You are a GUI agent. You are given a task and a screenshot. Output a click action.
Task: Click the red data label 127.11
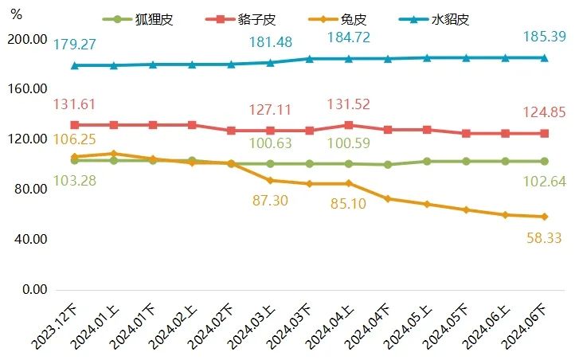[x=272, y=111]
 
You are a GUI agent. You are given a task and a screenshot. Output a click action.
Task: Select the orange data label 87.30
[x=272, y=202]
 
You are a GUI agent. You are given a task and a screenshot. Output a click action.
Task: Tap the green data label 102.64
[x=544, y=181]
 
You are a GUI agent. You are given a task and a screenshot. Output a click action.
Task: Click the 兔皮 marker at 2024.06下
[x=545, y=217]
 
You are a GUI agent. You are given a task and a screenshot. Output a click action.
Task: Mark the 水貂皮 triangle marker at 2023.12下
[x=74, y=65]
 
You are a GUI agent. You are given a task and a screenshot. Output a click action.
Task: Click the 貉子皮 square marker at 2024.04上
[x=349, y=125]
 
